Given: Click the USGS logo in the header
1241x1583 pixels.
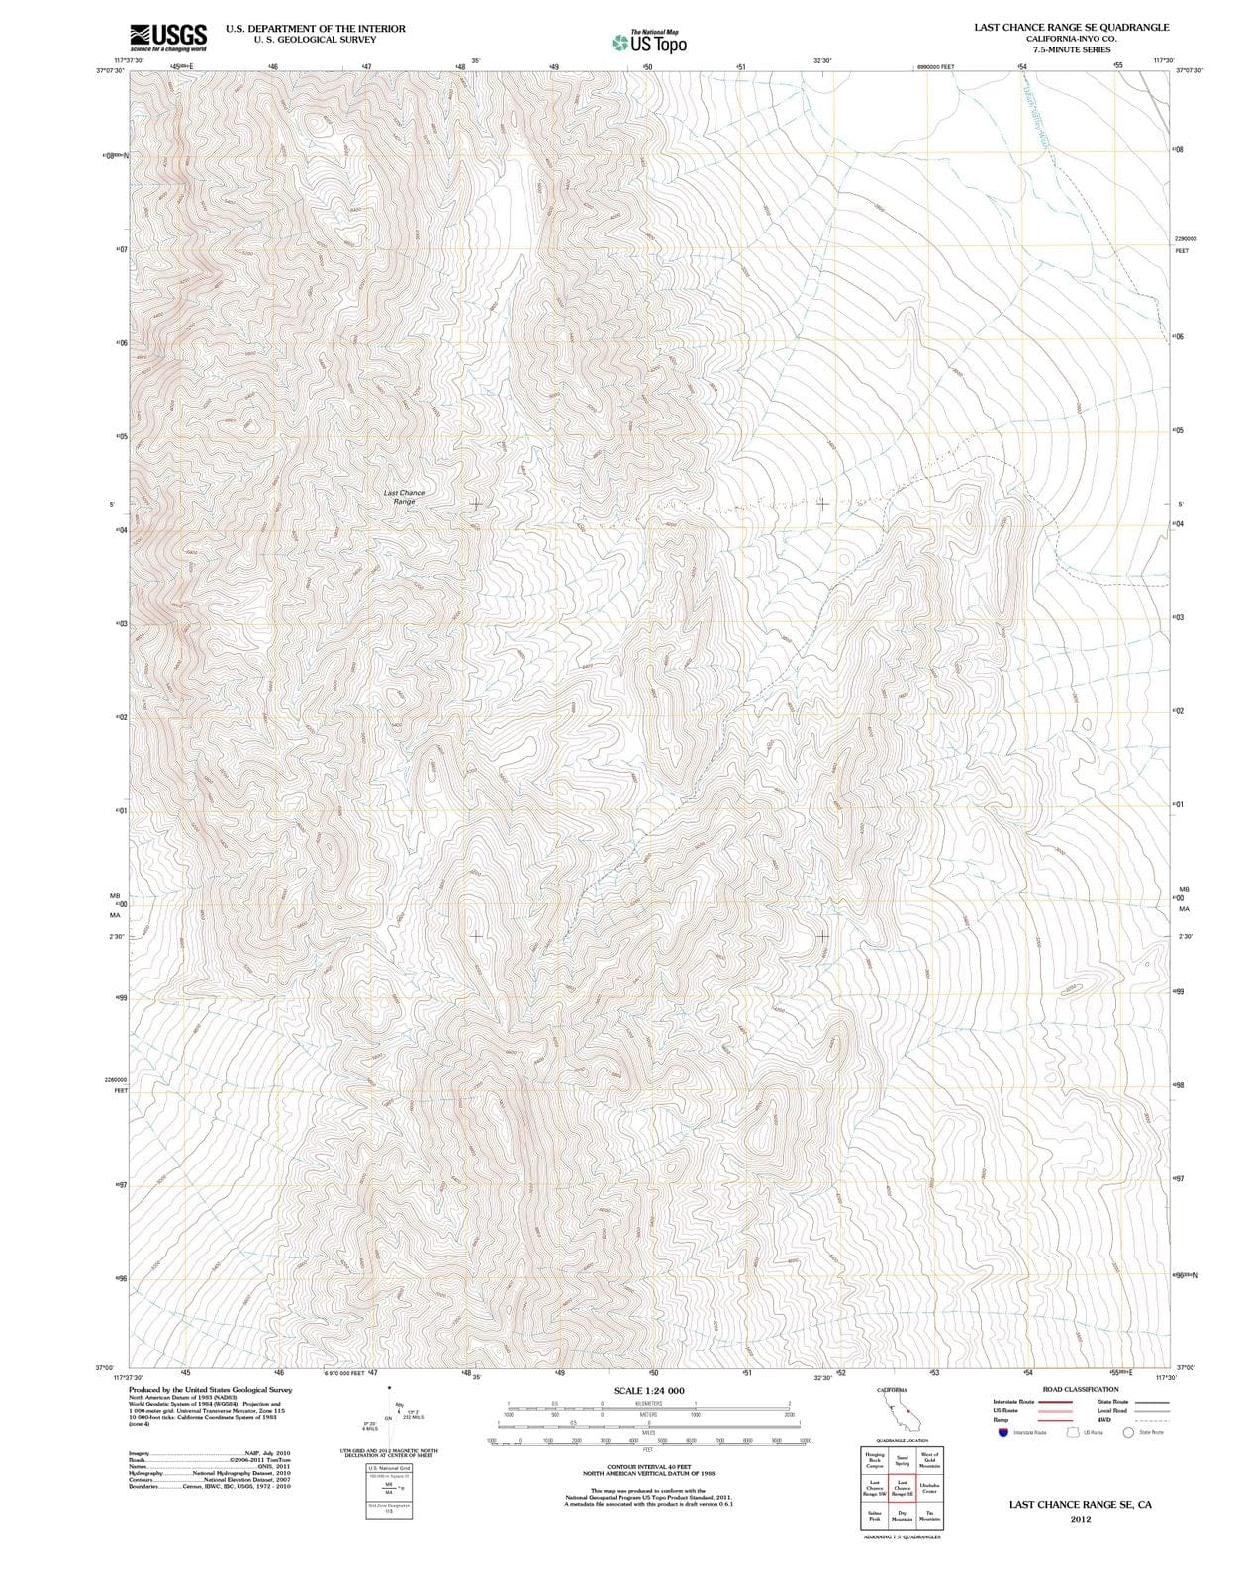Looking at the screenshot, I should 168,38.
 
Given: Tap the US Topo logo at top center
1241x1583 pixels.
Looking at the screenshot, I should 649,43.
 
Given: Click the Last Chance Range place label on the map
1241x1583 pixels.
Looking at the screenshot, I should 404,497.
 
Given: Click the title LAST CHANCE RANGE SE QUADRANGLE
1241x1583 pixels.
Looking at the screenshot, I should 1071,28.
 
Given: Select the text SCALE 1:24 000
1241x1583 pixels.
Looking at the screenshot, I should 648,1391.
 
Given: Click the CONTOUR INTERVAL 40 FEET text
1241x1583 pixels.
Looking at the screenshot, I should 648,1466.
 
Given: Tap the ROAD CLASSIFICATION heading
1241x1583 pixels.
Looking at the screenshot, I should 1081,1389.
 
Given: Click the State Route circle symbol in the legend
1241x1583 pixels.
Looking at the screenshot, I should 1127,1432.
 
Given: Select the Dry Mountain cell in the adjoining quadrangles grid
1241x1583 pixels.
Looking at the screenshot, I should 902,1515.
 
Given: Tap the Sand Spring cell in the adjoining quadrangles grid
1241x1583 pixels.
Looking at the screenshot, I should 902,1460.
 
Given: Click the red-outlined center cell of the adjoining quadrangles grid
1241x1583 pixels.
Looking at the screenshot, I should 902,1487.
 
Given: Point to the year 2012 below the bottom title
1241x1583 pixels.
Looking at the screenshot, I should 1080,1520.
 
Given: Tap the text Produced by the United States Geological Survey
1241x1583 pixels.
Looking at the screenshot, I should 210,1390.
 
